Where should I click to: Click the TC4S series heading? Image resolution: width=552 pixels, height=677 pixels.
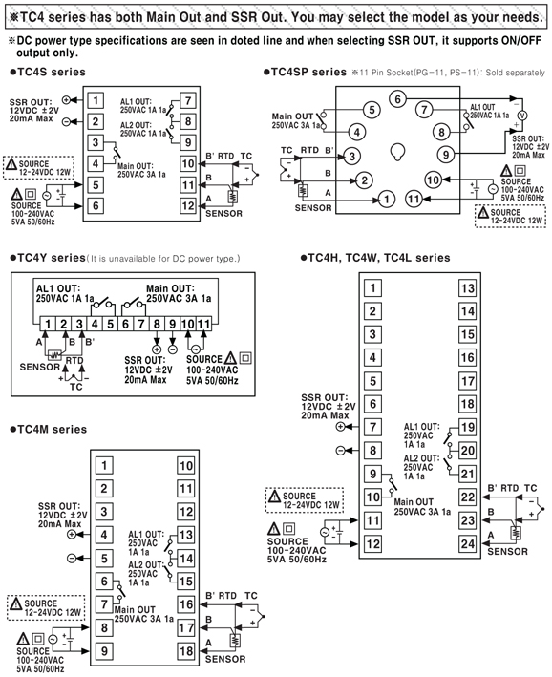[48, 72]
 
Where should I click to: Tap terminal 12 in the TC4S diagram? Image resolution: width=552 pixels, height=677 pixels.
[188, 205]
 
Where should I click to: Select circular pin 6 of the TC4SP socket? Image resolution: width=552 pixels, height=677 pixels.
[398, 99]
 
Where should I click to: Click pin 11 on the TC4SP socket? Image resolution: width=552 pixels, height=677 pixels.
[414, 199]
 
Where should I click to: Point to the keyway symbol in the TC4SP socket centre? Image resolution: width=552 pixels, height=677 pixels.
[397, 152]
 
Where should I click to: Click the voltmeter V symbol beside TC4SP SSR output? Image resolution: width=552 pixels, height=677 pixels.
[522, 116]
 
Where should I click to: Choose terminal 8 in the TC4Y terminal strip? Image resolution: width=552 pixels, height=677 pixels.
[157, 324]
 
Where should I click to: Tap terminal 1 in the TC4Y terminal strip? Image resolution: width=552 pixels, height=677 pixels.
[48, 324]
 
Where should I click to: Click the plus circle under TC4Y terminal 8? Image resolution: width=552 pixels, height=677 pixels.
[157, 349]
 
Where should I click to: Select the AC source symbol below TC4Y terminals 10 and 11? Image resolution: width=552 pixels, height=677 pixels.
[196, 349]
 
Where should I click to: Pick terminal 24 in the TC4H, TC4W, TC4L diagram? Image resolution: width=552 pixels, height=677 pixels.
[467, 543]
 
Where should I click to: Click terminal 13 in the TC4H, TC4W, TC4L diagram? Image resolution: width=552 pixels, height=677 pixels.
[467, 288]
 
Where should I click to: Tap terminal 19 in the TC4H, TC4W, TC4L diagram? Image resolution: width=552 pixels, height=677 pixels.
[467, 428]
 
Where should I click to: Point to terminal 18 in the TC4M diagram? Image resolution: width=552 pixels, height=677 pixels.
[186, 651]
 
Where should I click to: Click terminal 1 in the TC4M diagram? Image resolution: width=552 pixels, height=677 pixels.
[104, 465]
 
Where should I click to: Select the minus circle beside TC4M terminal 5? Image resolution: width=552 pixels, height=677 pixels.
[72, 559]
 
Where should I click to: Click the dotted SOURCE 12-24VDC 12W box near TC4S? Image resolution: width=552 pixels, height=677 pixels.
[38, 167]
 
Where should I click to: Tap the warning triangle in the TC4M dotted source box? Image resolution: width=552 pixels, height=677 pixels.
[16, 603]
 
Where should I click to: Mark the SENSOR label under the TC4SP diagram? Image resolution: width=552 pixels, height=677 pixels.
[313, 208]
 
